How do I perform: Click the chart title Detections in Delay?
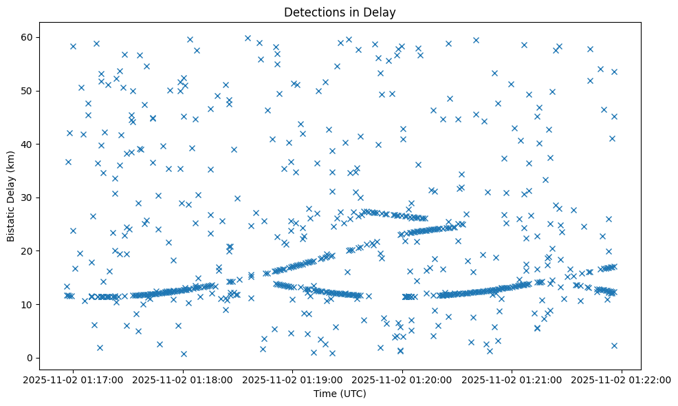pos(340,12)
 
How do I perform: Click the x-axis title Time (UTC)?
pos(340,394)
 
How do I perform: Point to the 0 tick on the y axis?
pos(30,358)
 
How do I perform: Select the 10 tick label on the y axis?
pos(28,304)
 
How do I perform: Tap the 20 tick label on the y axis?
pos(28,251)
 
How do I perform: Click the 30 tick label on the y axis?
pos(28,197)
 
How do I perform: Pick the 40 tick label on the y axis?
pos(28,144)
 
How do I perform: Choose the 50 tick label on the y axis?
pos(28,91)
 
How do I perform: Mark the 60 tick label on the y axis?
pos(28,37)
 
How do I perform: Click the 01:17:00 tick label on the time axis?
pos(74,379)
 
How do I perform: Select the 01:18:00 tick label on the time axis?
pos(184,379)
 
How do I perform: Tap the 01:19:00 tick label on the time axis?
pos(293,379)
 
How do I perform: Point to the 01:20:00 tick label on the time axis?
pos(403,379)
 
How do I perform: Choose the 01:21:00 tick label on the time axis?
pos(512,379)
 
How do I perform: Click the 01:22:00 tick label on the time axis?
pos(621,379)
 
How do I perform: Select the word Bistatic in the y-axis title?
pos(12,224)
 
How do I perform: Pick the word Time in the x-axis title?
pos(325,394)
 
